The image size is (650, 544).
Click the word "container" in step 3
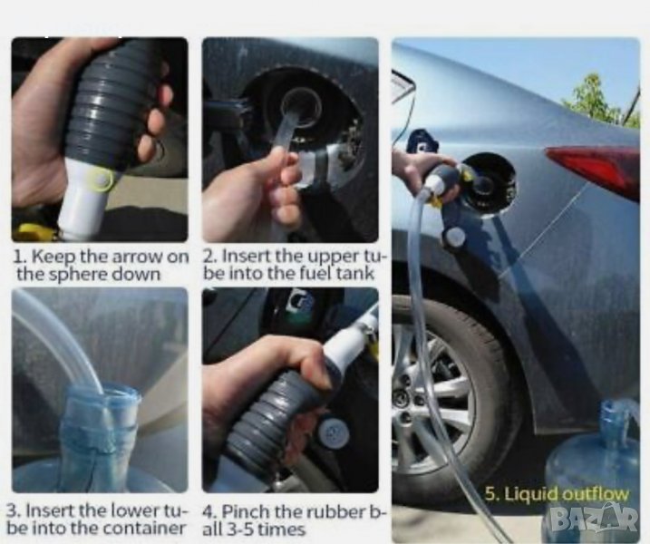coord(143,528)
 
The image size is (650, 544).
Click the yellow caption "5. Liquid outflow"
coord(557,494)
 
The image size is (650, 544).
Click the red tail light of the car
coord(597,167)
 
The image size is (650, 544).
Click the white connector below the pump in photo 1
coord(82,199)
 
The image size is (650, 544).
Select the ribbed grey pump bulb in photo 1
coord(109,106)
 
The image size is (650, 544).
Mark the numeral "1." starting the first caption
coord(20,257)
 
